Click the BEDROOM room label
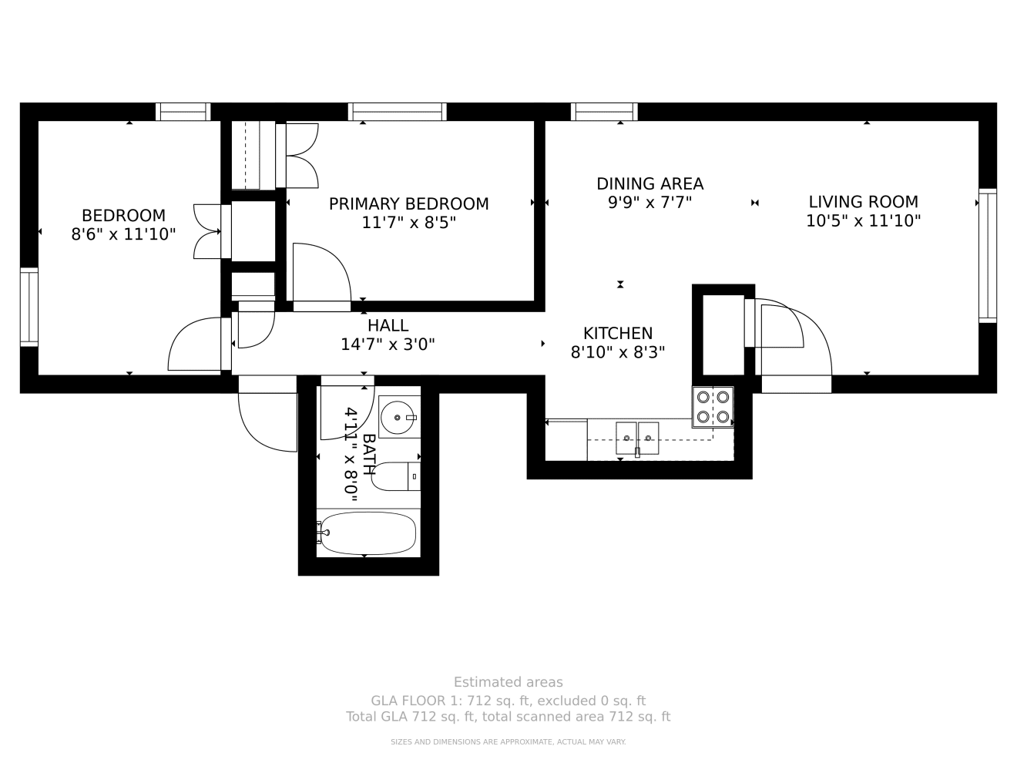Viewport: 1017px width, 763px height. [123, 216]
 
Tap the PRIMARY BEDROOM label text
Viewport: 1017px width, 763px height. [408, 204]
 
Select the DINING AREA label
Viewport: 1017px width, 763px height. [649, 184]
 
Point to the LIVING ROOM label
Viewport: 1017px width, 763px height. [863, 202]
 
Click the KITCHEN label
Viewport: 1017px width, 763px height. [617, 334]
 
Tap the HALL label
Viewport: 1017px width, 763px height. [388, 326]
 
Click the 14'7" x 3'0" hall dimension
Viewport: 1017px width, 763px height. [388, 345]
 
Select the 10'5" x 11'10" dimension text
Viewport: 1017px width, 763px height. [863, 221]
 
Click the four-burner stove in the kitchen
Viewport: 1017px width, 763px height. [713, 407]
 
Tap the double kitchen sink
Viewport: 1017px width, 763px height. [637, 438]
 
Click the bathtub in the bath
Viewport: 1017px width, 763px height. [368, 533]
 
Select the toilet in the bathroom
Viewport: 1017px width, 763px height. [395, 476]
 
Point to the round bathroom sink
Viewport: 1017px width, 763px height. [399, 416]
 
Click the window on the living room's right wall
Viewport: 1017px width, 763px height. [987, 255]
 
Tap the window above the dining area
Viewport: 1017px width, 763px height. [604, 113]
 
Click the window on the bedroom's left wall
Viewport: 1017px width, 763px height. [29, 306]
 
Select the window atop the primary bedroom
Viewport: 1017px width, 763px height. [398, 113]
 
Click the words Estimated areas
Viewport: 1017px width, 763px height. [508, 682]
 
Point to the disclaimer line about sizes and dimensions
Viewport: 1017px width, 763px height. [508, 742]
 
